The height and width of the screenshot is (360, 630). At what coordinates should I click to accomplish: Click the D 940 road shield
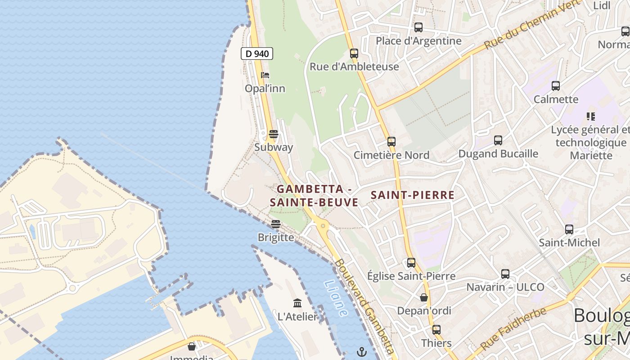click(x=256, y=54)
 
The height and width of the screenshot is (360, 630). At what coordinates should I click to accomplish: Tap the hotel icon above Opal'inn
click(x=265, y=75)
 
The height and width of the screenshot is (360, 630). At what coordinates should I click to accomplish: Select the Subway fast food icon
click(x=273, y=134)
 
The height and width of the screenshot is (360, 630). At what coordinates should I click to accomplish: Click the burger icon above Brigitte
click(x=276, y=224)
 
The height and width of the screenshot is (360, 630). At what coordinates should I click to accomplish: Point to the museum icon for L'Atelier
click(x=297, y=303)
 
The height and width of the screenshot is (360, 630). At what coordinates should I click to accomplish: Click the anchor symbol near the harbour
click(x=362, y=352)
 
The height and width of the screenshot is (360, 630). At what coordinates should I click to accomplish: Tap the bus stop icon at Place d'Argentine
click(x=418, y=27)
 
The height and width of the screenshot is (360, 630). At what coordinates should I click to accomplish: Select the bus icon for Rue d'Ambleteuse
click(x=354, y=54)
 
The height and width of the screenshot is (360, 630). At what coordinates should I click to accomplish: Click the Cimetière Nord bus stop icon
click(x=391, y=142)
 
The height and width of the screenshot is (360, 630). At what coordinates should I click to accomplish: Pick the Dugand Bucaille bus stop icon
click(x=498, y=140)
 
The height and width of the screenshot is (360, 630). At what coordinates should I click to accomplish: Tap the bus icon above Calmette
click(x=555, y=86)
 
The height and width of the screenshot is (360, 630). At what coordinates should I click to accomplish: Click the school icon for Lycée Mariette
click(x=591, y=117)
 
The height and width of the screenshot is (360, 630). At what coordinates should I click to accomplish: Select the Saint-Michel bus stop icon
click(x=569, y=229)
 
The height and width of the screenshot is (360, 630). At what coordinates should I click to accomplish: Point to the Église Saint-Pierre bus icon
click(x=411, y=263)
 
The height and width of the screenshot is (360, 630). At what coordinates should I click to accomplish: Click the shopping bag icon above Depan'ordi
click(x=423, y=297)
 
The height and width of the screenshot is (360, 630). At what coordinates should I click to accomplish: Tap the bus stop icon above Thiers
click(x=436, y=330)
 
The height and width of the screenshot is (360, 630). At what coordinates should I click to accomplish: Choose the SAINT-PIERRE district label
click(x=412, y=195)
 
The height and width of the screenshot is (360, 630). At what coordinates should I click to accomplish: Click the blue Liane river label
click(x=336, y=298)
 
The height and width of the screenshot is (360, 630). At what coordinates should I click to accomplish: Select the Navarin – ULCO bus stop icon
click(x=505, y=274)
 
